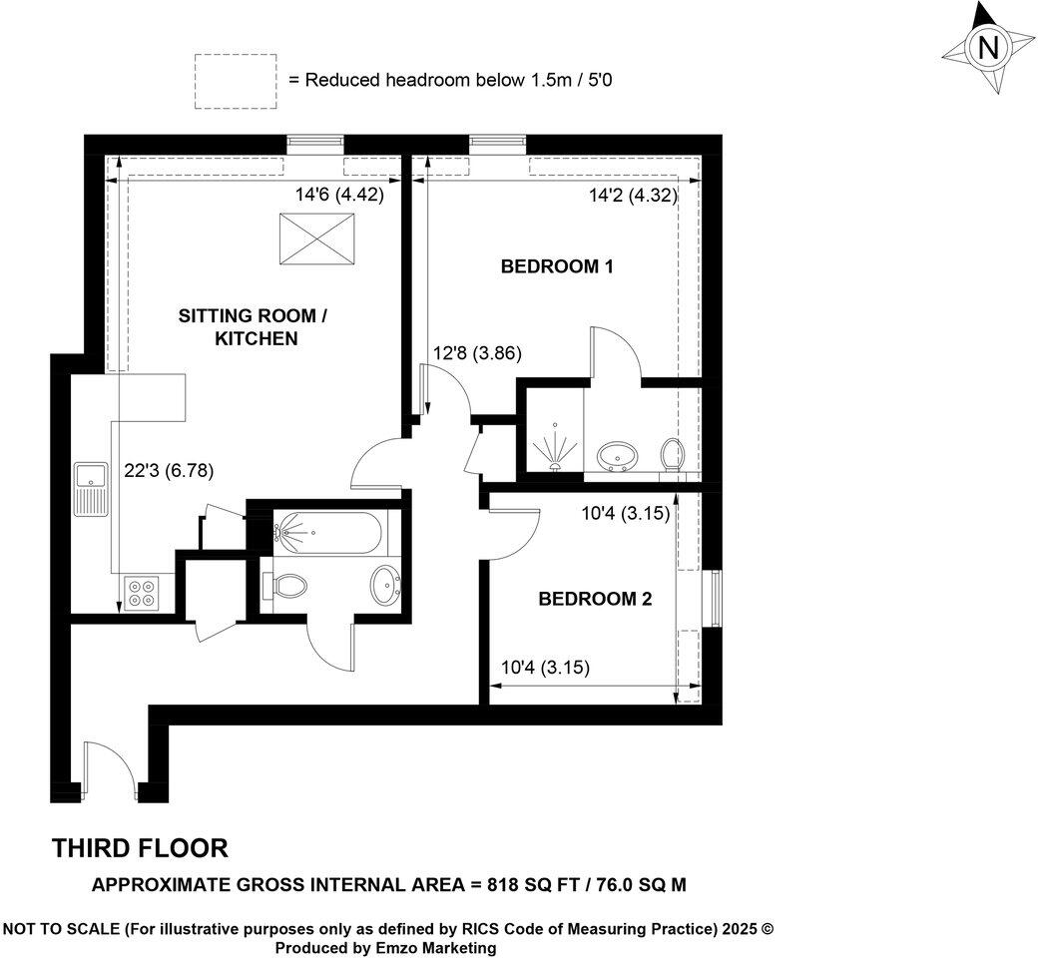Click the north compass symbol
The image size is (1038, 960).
pyautogui.click(x=988, y=48)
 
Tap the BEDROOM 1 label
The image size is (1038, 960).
pyautogui.click(x=556, y=266)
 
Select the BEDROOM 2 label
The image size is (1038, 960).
pyautogui.click(x=595, y=599)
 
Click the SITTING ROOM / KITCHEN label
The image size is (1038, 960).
pyautogui.click(x=253, y=327)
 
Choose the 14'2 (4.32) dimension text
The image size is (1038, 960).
pyautogui.click(x=633, y=197)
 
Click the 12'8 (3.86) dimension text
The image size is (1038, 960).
pyautogui.click(x=477, y=353)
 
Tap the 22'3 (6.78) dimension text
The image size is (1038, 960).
pyautogui.click(x=168, y=471)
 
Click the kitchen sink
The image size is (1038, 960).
pyautogui.click(x=89, y=489)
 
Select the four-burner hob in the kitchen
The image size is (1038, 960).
pyautogui.click(x=140, y=594)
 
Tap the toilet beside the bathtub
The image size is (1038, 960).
pyautogui.click(x=282, y=586)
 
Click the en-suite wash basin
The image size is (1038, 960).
pyautogui.click(x=618, y=456)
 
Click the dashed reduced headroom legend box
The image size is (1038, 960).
pyautogui.click(x=235, y=80)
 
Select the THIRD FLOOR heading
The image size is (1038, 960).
pyautogui.click(x=140, y=848)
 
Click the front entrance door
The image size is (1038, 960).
pyautogui.click(x=110, y=768)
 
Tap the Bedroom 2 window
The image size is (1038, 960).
pyautogui.click(x=714, y=598)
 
